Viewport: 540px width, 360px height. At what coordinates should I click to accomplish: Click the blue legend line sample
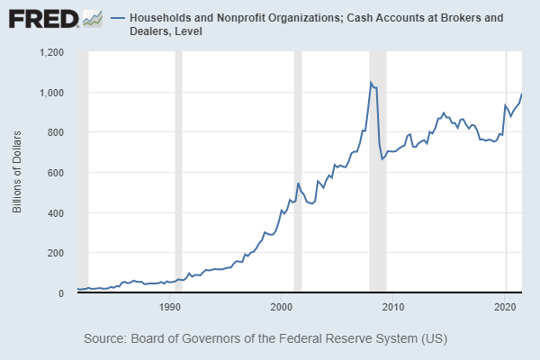coord(117,18)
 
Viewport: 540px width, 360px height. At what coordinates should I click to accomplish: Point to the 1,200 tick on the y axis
coord(51,52)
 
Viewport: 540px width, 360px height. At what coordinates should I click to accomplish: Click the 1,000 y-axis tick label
coord(51,93)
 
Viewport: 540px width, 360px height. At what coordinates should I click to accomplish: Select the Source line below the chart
coord(265,339)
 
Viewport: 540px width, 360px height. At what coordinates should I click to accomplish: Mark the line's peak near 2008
coord(371,82)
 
